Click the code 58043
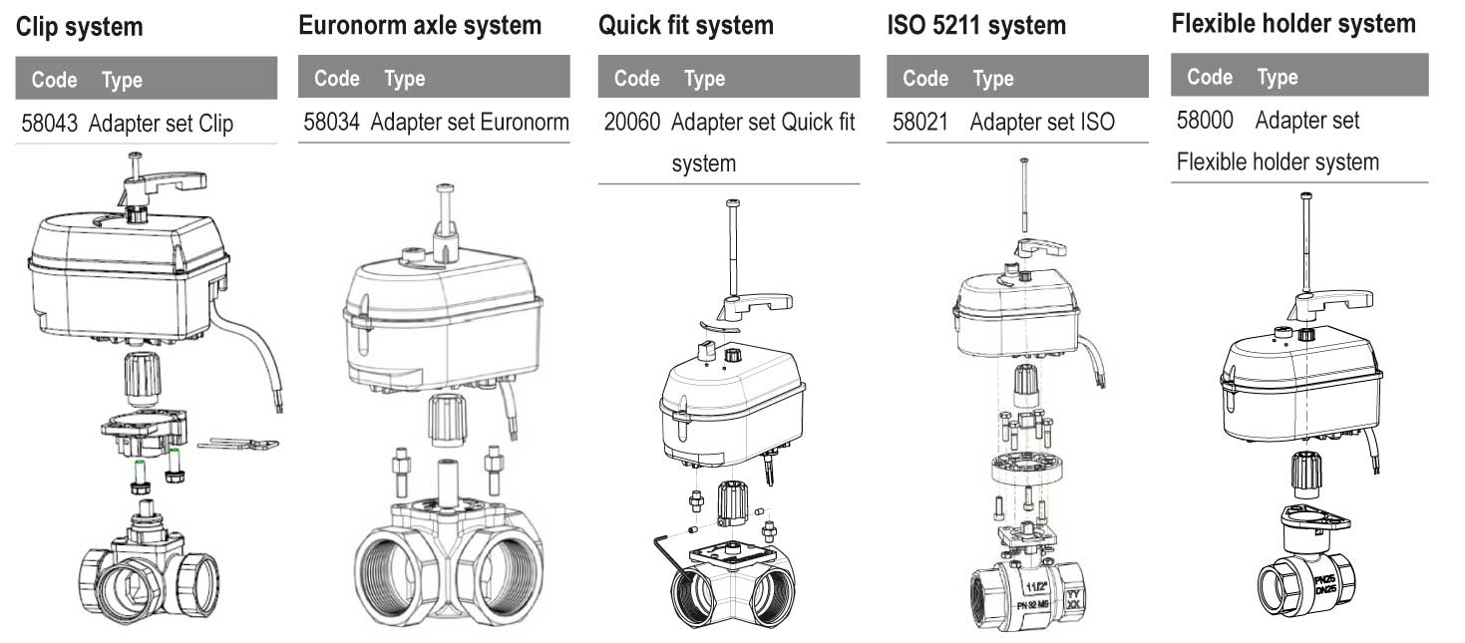[x=50, y=123]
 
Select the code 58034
[x=331, y=122]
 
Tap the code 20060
[x=632, y=122]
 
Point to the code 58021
[x=920, y=122]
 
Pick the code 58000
[x=1205, y=121]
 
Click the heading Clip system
[x=79, y=27]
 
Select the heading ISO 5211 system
[x=976, y=26]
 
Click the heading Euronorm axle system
[x=420, y=26]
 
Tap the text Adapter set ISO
[x=1042, y=122]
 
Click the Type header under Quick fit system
[x=704, y=79]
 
